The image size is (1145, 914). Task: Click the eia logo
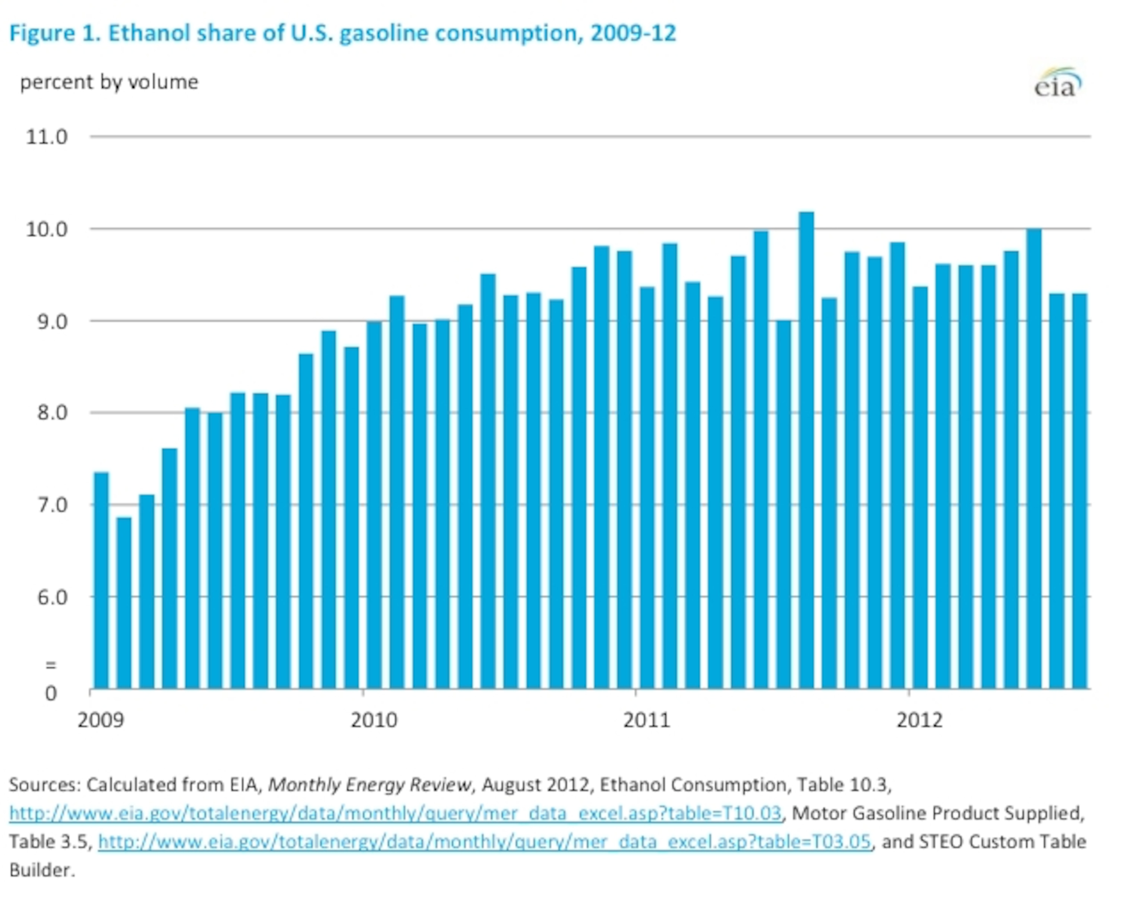(1057, 84)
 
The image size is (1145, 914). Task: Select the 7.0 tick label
(51, 505)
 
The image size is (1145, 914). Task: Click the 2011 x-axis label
(646, 720)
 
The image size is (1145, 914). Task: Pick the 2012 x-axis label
(919, 720)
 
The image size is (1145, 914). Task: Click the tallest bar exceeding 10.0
(806, 451)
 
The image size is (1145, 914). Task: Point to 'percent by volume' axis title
(109, 82)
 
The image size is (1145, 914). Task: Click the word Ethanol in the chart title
(149, 33)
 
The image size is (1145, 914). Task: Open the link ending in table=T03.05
(484, 841)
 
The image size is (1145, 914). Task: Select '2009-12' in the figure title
(633, 33)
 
